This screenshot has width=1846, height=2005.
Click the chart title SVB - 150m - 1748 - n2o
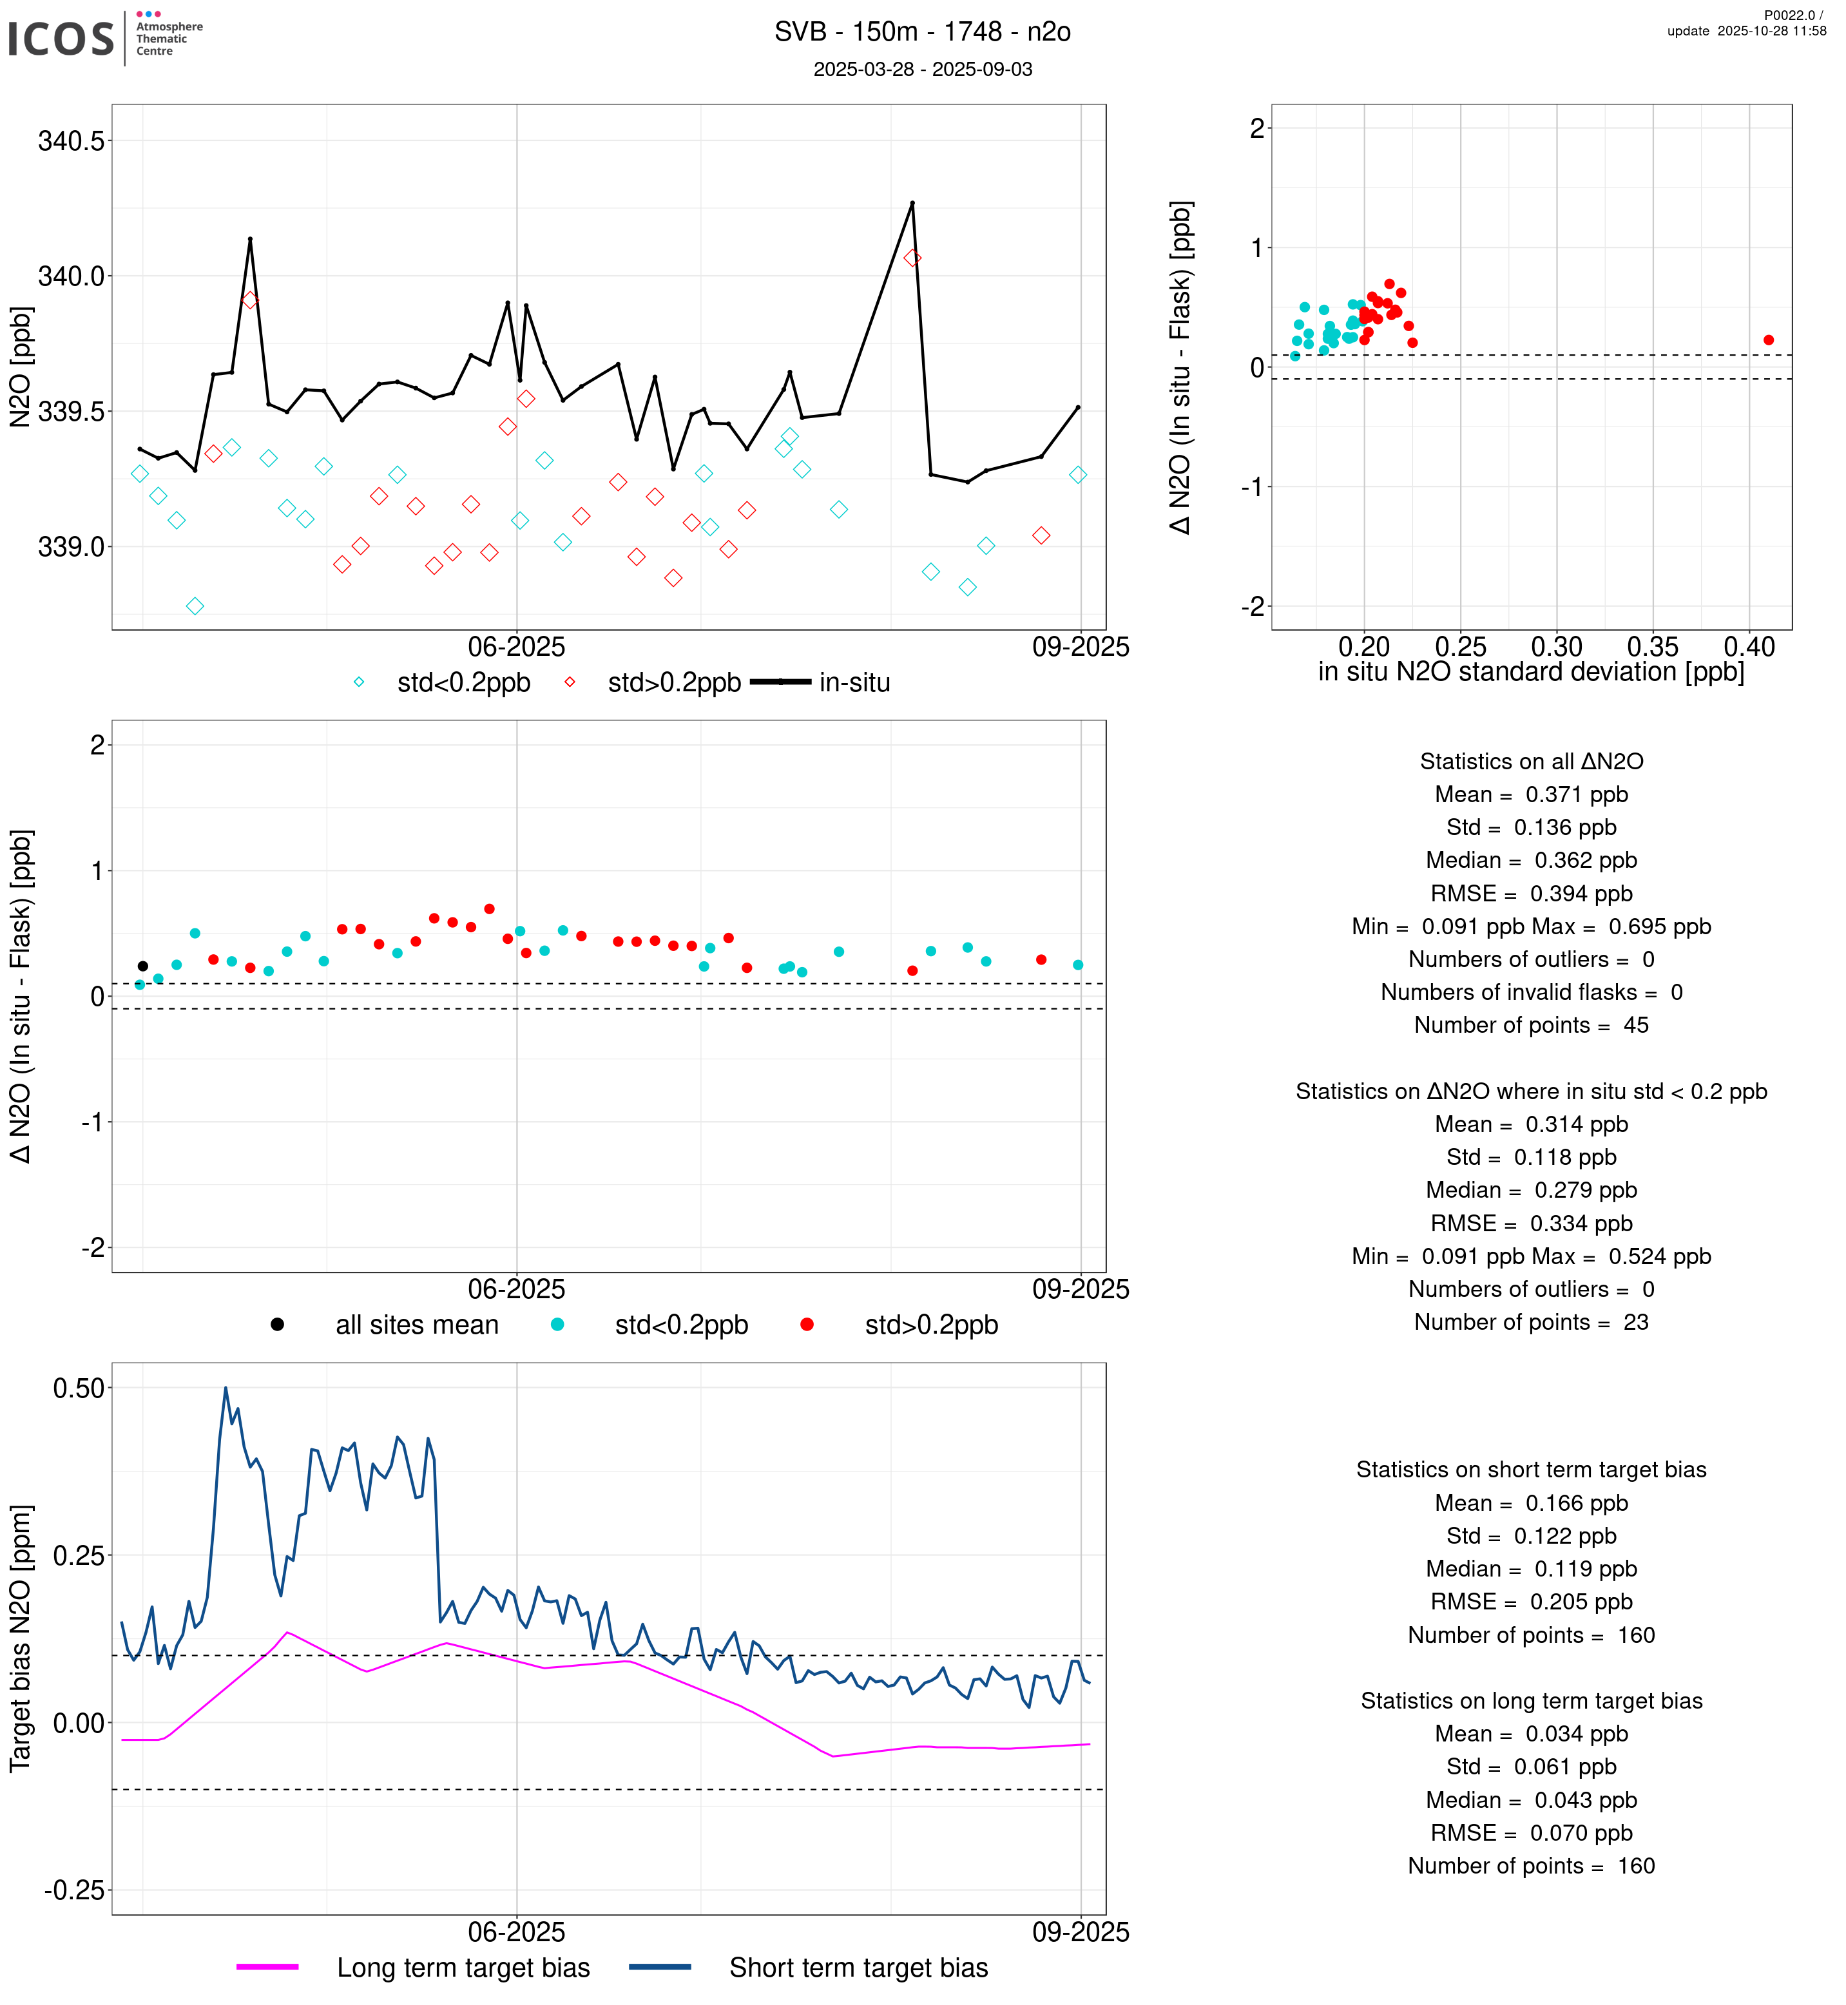pos(922,32)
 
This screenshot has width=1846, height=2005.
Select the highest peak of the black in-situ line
pos(912,204)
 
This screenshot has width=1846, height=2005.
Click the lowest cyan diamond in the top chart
pos(195,606)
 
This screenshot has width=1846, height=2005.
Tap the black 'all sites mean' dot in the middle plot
pos(143,966)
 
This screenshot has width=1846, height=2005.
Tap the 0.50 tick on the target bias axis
pos(78,1388)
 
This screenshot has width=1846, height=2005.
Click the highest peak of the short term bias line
pos(226,1388)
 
